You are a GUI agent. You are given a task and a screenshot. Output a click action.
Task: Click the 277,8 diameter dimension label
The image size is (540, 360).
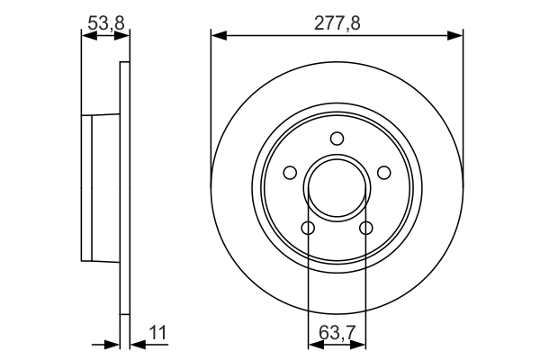[337, 23]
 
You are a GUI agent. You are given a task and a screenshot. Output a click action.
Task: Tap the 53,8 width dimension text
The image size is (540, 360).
[105, 23]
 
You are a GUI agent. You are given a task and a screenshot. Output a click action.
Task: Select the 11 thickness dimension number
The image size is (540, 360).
[157, 333]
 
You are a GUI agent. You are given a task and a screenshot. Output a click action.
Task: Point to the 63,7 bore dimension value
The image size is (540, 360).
[337, 333]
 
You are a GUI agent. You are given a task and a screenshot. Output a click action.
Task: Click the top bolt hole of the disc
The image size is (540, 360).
[337, 139]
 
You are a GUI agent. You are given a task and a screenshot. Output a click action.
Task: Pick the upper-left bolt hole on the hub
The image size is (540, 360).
[290, 173]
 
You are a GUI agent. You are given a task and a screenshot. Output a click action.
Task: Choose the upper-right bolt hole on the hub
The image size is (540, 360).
[384, 173]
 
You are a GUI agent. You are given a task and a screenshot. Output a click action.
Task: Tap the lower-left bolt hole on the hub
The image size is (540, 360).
[308, 228]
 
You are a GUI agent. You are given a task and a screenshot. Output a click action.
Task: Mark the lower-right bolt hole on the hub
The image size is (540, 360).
[366, 228]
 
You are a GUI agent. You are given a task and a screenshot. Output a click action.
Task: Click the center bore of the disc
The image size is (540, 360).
[337, 188]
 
